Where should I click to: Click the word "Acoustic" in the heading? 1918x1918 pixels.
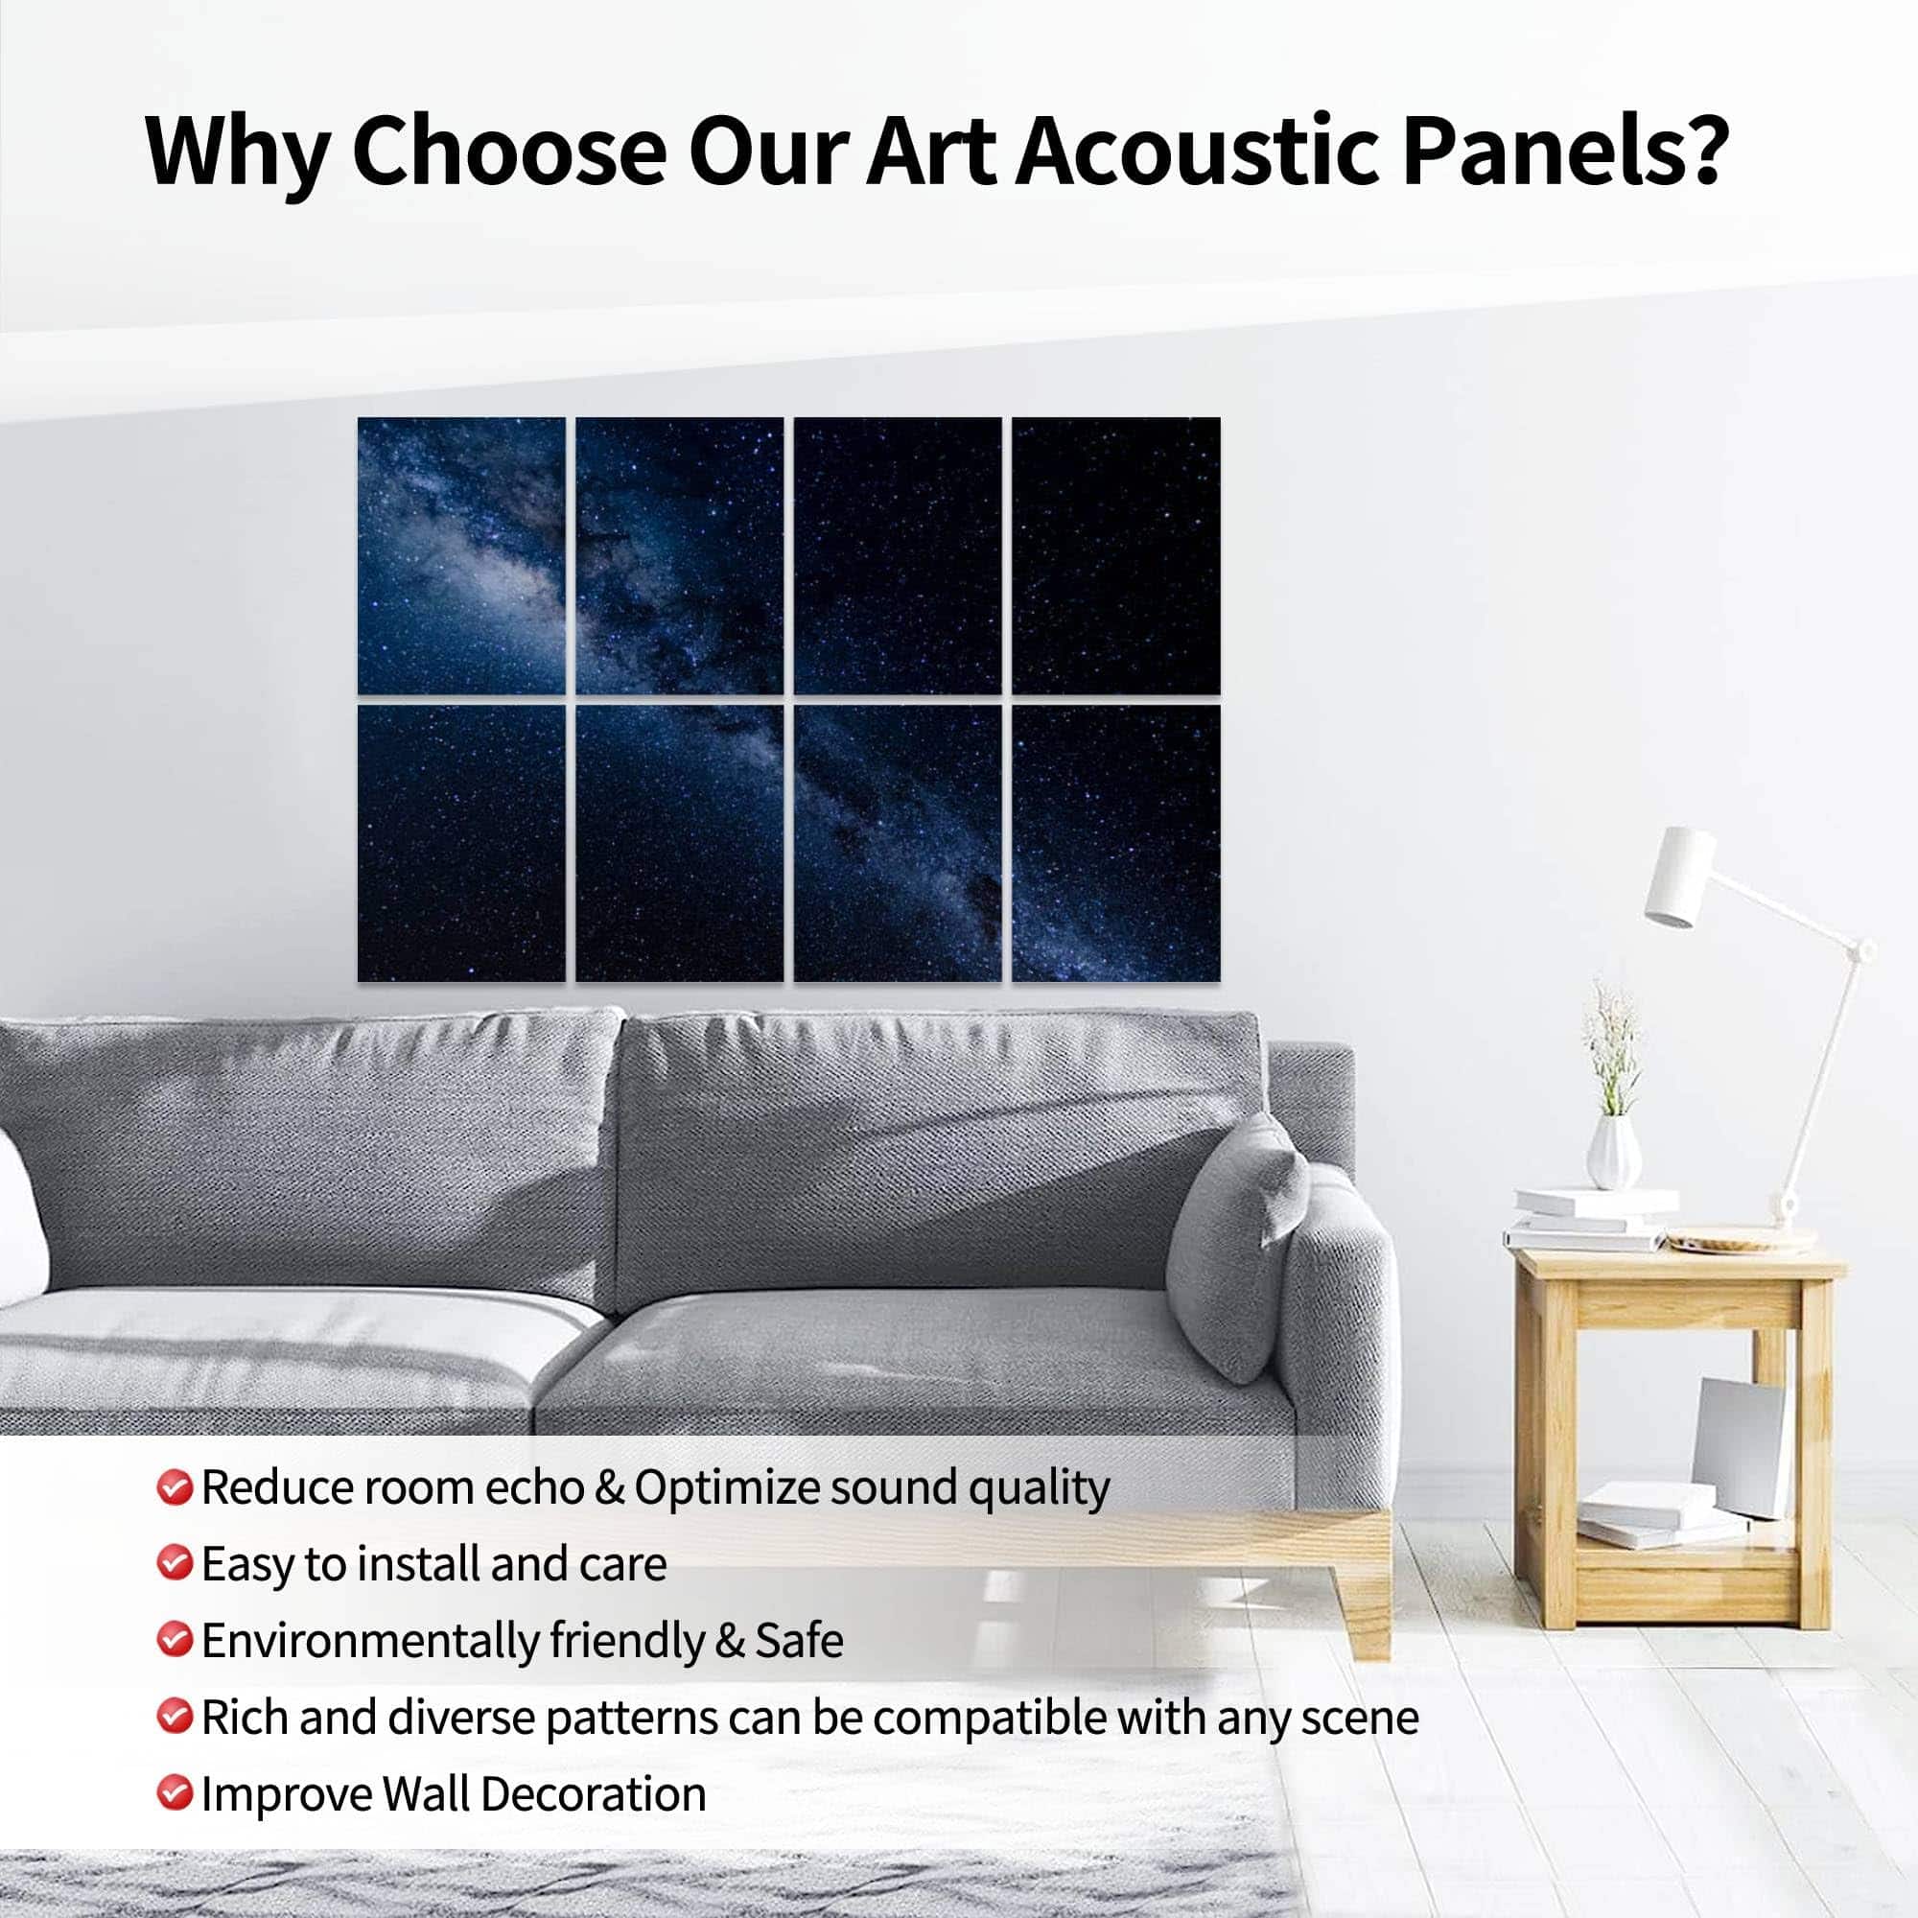click(1198, 151)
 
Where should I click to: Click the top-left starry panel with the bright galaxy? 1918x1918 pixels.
click(461, 556)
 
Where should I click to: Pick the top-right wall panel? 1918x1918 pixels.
click(1117, 556)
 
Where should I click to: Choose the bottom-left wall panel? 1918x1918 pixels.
click(461, 844)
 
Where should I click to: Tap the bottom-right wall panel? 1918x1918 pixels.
click(1117, 844)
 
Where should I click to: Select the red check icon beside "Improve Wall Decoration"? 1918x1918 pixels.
click(174, 1793)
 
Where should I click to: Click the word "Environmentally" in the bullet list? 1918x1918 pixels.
click(369, 1641)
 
